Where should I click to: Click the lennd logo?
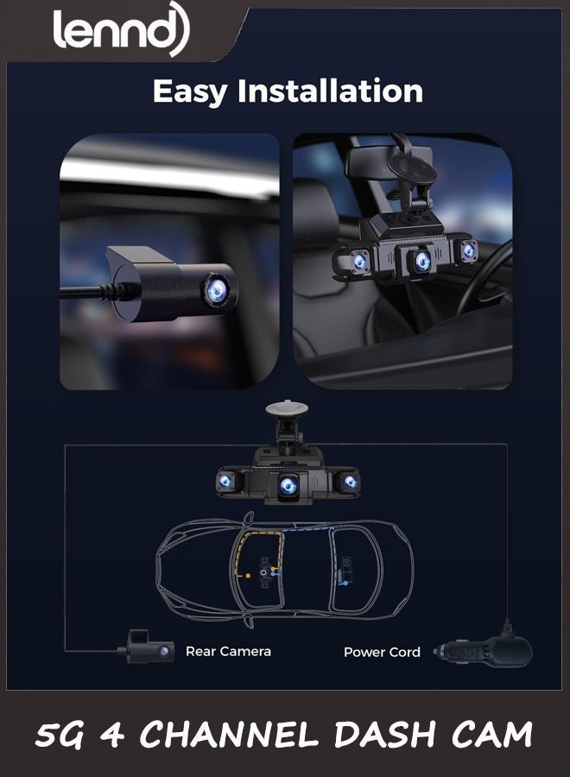point(121,28)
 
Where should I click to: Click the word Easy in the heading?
point(190,92)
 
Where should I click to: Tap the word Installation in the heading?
point(330,91)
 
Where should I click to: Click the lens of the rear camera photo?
point(217,291)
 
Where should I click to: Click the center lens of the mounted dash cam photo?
point(422,260)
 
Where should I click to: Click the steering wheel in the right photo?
point(488,277)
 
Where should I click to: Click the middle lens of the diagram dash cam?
point(288,485)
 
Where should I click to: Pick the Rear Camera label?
point(228,651)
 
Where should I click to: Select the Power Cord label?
point(382,652)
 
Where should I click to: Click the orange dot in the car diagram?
point(248,575)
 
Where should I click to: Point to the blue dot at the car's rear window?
point(346,584)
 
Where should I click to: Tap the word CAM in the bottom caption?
point(491,735)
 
